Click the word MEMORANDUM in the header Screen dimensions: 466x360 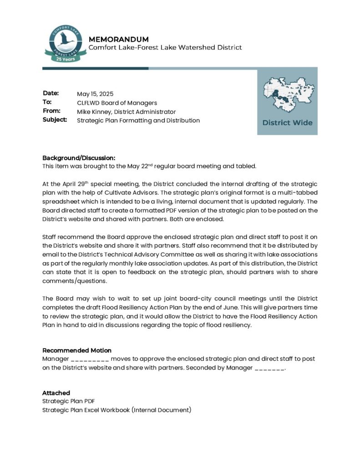coord(118,39)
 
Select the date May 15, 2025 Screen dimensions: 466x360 coord(95,94)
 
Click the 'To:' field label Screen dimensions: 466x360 coord(47,102)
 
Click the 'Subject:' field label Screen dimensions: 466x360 coord(55,120)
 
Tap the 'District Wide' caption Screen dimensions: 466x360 coord(287,122)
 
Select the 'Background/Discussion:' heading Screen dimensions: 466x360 coord(76,157)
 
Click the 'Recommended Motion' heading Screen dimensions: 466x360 coord(76,350)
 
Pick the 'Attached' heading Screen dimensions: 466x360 coord(56,393)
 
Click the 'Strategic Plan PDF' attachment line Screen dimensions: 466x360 coord(68,401)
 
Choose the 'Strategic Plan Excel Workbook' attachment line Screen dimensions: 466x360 coord(117,410)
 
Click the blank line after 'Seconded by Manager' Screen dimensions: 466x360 coord(269,368)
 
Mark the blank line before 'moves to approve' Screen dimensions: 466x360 coord(90,360)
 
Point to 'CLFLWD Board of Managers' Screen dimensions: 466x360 coord(117,103)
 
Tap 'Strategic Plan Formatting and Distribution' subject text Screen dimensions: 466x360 coord(138,121)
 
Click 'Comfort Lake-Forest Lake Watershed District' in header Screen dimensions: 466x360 coord(165,47)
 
